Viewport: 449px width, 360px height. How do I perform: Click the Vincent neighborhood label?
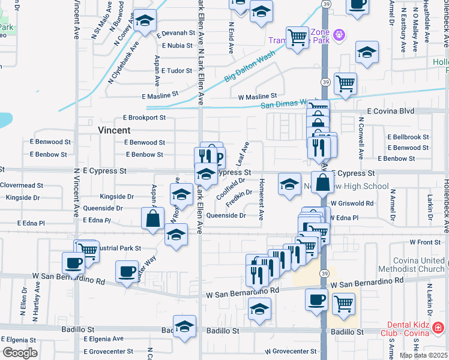click(114, 130)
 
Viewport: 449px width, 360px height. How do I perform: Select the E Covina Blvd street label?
click(391, 111)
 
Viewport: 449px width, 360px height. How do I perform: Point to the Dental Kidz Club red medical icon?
click(438, 328)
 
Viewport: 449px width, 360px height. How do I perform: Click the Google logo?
click(20, 352)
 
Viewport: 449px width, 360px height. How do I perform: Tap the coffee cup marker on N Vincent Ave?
click(74, 263)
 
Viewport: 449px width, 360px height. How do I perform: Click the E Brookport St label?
click(143, 118)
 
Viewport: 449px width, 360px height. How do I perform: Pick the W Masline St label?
click(257, 96)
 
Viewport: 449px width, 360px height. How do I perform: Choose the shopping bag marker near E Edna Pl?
click(153, 219)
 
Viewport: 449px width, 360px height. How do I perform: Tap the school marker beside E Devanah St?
click(144, 21)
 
